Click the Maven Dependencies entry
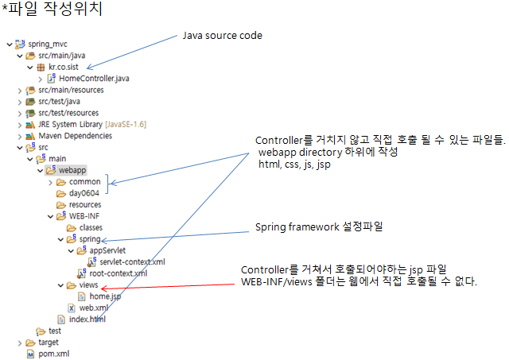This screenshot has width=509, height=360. (76, 135)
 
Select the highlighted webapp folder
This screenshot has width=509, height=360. (72, 170)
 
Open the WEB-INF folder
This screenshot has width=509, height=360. (84, 216)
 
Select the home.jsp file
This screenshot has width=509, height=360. (105, 296)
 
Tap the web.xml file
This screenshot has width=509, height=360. (94, 308)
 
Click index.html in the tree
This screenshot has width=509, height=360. (87, 319)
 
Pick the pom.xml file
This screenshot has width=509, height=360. (54, 354)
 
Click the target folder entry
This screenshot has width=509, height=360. (48, 343)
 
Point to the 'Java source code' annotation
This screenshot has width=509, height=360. (222, 36)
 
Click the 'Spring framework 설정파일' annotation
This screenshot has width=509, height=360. (318, 227)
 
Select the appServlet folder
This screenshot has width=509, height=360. (107, 250)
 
